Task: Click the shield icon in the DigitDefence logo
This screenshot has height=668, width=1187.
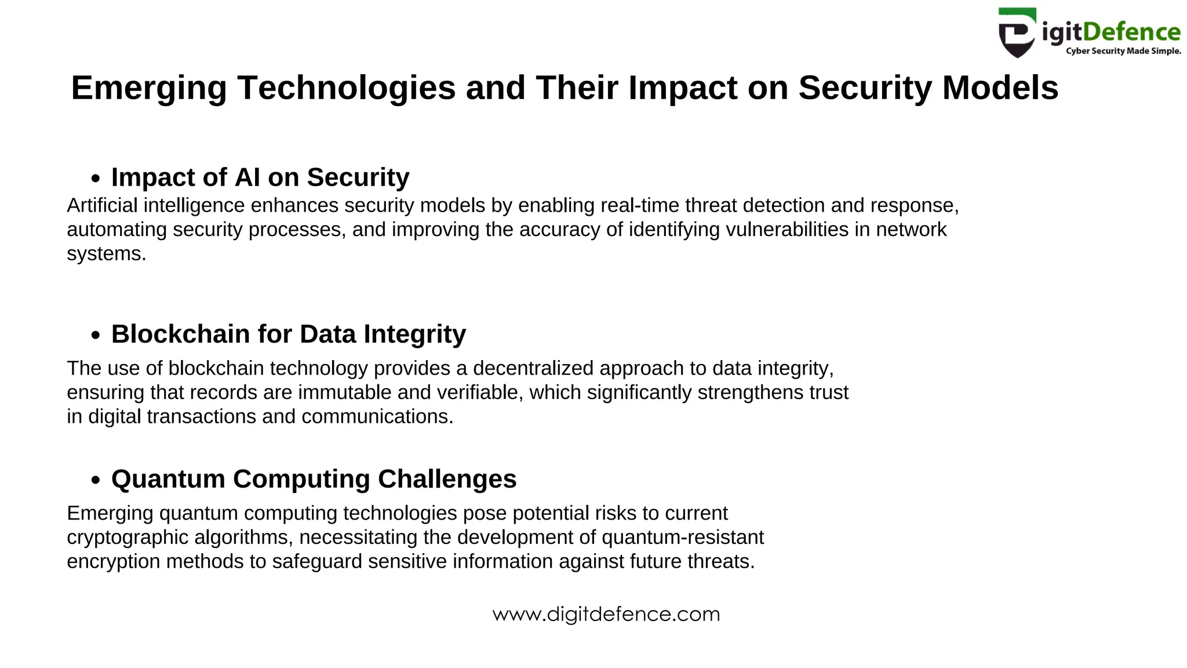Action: click(1017, 33)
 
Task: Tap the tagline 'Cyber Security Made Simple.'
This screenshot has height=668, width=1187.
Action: click(1123, 51)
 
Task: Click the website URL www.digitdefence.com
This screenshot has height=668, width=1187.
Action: click(606, 614)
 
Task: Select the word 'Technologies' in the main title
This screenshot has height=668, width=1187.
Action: click(346, 88)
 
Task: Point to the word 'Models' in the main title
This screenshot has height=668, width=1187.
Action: click(1000, 88)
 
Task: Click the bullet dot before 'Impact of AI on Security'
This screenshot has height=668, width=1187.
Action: click(96, 179)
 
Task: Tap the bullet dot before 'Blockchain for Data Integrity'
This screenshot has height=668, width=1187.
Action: click(96, 336)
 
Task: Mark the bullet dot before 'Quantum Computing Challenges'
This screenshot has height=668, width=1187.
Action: click(96, 481)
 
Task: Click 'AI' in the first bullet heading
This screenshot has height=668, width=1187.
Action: click(247, 177)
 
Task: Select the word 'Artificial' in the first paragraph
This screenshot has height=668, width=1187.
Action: click(102, 205)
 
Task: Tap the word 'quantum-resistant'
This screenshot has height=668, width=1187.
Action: click(683, 538)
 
